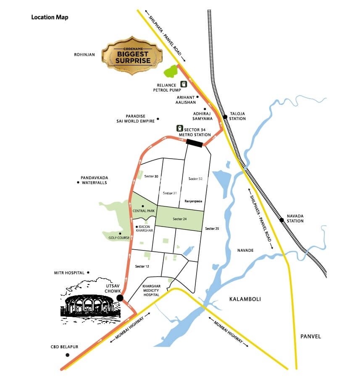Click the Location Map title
click(50, 18)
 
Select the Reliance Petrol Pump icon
click(183, 84)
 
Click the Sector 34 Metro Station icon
click(179, 129)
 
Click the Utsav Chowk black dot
click(120, 297)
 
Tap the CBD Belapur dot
click(67, 355)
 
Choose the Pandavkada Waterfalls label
click(94, 180)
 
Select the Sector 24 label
click(179, 219)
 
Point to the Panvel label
click(310, 336)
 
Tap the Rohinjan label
click(84, 55)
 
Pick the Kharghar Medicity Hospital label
click(151, 291)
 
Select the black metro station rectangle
click(194, 144)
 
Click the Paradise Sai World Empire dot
click(158, 119)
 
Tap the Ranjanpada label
click(194, 202)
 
